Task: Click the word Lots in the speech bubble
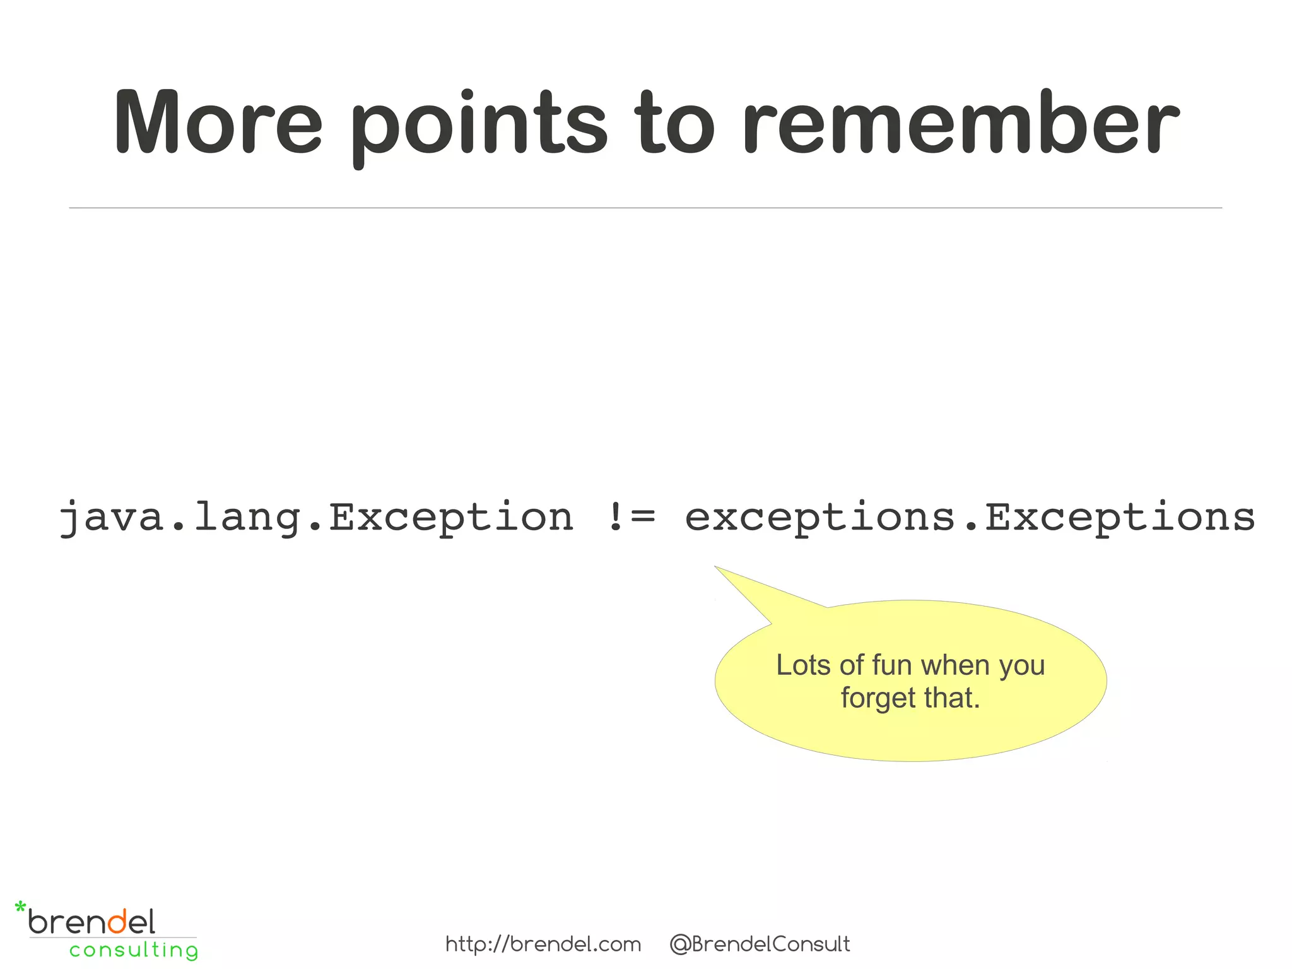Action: tap(802, 665)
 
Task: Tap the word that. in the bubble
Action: tap(952, 698)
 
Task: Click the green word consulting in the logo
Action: tap(134, 950)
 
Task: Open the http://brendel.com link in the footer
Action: tap(543, 944)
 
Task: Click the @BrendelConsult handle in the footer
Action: tap(760, 944)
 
